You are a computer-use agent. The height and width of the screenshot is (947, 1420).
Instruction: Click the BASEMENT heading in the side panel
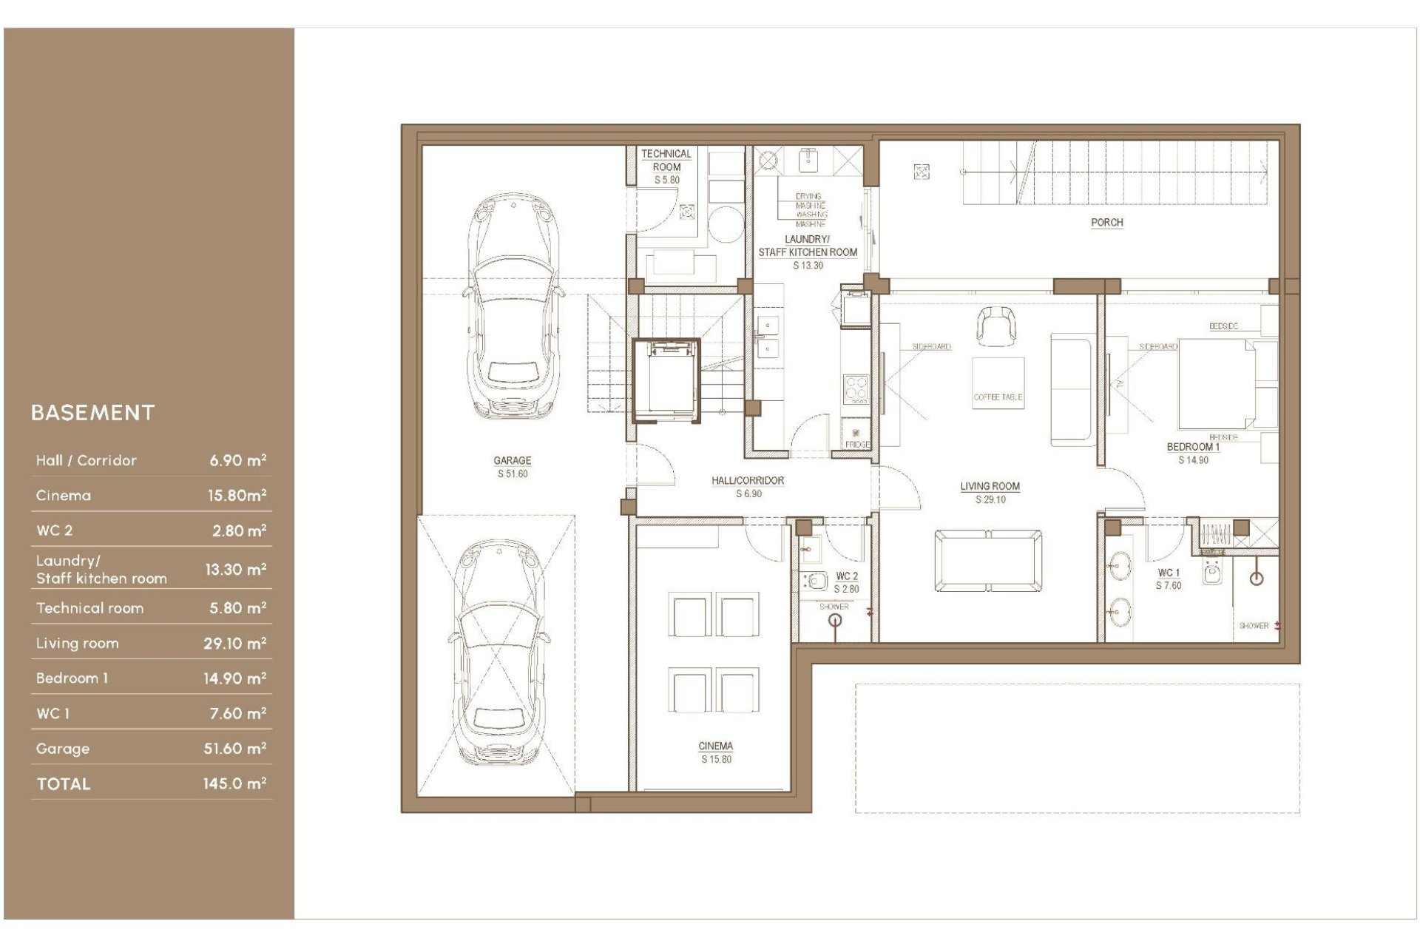[x=92, y=413]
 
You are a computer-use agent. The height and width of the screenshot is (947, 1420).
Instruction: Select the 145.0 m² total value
[x=234, y=783]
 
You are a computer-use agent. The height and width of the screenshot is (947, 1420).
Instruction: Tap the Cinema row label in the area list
[x=64, y=496]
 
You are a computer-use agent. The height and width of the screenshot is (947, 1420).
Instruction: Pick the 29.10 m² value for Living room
[x=234, y=644]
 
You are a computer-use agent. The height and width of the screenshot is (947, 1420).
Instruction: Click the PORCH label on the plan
[x=1106, y=222]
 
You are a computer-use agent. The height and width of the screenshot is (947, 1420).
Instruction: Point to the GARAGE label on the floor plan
[x=512, y=460]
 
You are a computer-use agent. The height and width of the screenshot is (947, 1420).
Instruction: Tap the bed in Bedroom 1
[x=1220, y=383]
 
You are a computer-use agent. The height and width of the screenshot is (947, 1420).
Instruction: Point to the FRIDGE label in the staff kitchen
[x=857, y=445]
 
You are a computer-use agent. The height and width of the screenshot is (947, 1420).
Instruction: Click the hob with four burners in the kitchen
[x=856, y=388]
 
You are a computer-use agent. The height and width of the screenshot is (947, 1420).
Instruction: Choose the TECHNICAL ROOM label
[x=666, y=160]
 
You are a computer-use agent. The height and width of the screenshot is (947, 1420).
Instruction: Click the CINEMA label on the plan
[x=715, y=747]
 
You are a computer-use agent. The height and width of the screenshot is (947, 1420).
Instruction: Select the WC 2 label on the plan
[x=847, y=576]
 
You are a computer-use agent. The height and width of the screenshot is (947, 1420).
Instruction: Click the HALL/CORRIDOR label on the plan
[x=748, y=481]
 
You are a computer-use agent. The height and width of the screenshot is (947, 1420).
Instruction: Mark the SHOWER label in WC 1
[x=1254, y=626]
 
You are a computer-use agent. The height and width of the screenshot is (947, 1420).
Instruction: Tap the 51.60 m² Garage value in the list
[x=234, y=749]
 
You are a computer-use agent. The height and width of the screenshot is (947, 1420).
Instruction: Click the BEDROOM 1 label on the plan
[x=1192, y=447]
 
